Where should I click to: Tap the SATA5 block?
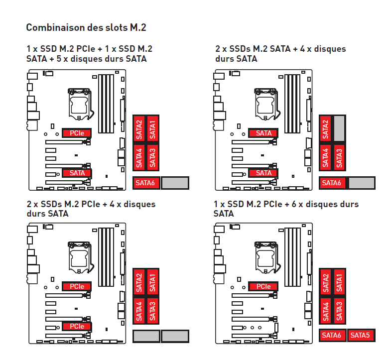click(x=361, y=335)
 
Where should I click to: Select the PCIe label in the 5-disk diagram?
click(x=77, y=133)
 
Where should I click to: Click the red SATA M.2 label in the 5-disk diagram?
click(x=77, y=173)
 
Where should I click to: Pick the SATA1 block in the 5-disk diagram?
click(x=152, y=129)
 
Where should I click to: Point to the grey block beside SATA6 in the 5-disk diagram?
click(x=175, y=183)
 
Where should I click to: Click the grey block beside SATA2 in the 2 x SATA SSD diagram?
click(x=339, y=128)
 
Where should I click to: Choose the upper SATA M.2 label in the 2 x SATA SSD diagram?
click(x=263, y=133)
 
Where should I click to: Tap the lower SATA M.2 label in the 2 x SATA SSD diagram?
click(x=263, y=173)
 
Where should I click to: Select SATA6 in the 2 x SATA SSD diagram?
click(x=332, y=183)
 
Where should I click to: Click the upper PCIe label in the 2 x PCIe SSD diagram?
click(x=77, y=286)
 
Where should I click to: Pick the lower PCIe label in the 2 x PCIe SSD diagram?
click(x=77, y=326)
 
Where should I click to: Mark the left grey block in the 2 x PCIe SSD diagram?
click(x=146, y=336)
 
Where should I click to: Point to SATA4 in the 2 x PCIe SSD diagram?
click(x=139, y=311)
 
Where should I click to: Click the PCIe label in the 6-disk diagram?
click(x=263, y=286)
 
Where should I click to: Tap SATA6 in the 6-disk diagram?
click(x=332, y=335)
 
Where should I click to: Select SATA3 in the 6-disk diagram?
click(x=339, y=311)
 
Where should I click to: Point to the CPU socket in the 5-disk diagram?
click(x=80, y=104)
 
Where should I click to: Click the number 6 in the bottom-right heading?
click(x=294, y=204)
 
